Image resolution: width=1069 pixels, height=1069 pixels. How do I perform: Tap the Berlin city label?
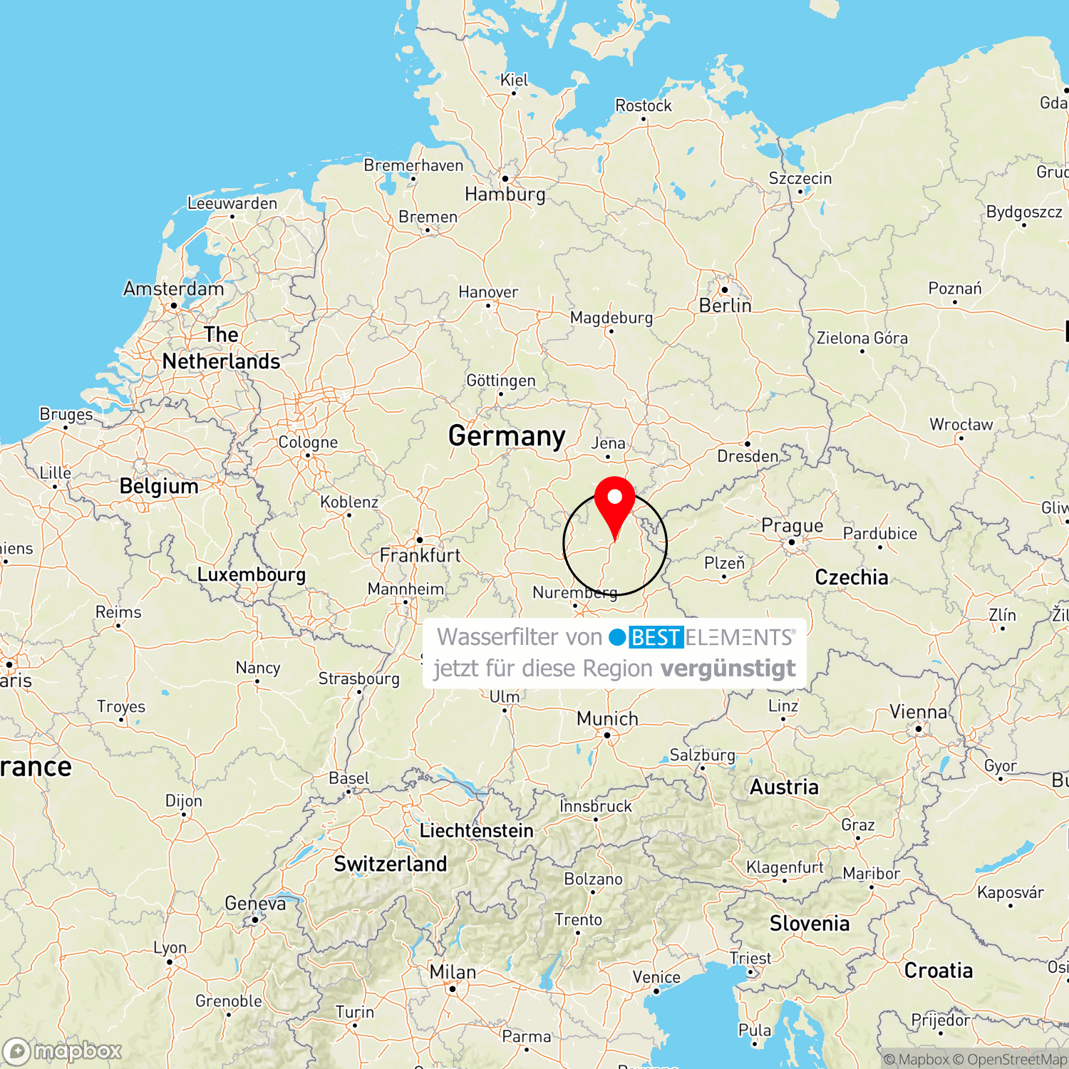pyautogui.click(x=725, y=306)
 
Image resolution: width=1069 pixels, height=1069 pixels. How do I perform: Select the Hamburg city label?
pyautogui.click(x=505, y=194)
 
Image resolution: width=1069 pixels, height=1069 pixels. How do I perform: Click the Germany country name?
pyautogui.click(x=507, y=435)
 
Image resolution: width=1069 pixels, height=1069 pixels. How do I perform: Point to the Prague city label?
pyautogui.click(x=792, y=526)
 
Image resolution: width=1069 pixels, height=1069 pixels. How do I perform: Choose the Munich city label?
pyautogui.click(x=607, y=718)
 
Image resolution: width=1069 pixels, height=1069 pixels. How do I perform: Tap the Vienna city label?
pyautogui.click(x=918, y=712)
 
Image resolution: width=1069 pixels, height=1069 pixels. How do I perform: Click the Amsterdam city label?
pyautogui.click(x=173, y=289)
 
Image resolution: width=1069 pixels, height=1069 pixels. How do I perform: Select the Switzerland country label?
pyautogui.click(x=391, y=864)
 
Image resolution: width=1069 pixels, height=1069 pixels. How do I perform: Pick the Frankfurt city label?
pyautogui.click(x=420, y=555)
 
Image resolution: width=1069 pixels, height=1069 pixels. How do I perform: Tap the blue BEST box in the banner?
pyautogui.click(x=656, y=637)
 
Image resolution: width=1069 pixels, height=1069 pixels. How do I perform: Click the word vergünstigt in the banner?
pyautogui.click(x=728, y=668)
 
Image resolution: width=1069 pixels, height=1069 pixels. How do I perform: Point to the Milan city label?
pyautogui.click(x=453, y=972)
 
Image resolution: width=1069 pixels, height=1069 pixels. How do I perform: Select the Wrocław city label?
pyautogui.click(x=961, y=425)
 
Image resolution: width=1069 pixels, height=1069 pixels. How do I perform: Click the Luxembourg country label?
pyautogui.click(x=251, y=574)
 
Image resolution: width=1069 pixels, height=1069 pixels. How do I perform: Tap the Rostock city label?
pyautogui.click(x=643, y=105)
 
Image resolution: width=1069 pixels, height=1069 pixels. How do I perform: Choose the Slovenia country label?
pyautogui.click(x=810, y=924)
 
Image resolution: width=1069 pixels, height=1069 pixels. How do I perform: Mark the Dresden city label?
pyautogui.click(x=748, y=456)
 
